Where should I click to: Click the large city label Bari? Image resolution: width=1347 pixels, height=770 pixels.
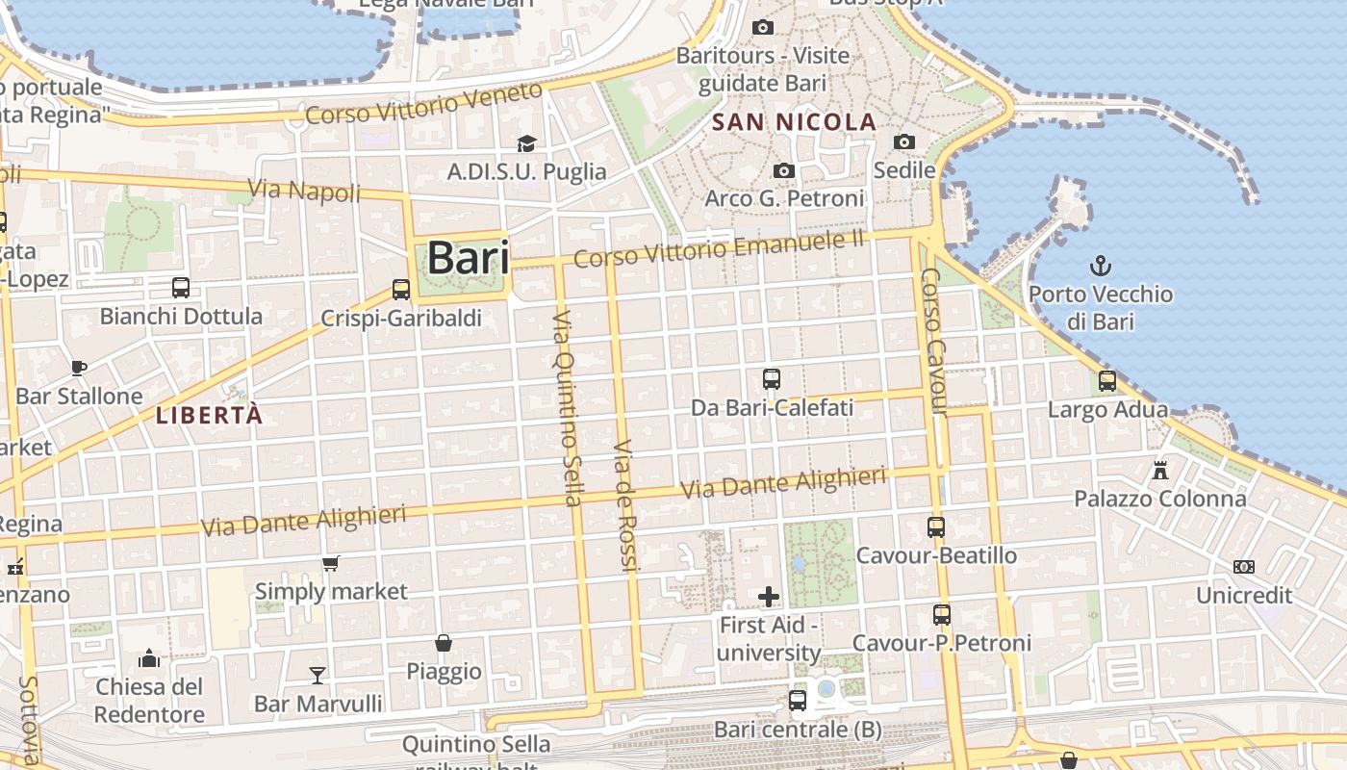click(x=468, y=258)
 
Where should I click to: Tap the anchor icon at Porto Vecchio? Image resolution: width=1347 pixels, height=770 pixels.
click(x=1100, y=265)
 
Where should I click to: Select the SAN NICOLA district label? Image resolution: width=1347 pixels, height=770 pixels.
click(x=795, y=122)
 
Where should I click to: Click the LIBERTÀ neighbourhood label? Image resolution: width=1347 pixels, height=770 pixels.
click(x=209, y=416)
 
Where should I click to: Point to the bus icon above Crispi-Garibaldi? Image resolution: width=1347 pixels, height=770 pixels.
click(x=401, y=289)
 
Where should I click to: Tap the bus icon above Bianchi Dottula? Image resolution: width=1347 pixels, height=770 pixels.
click(x=181, y=287)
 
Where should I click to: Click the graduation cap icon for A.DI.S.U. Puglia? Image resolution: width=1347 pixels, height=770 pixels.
click(x=526, y=143)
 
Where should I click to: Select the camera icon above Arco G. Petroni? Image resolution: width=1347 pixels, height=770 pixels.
click(x=784, y=170)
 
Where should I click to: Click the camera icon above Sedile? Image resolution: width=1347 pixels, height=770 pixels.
click(x=904, y=141)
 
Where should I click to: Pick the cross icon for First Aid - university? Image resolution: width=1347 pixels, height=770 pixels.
click(x=768, y=597)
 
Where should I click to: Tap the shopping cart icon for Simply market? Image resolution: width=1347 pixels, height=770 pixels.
click(x=331, y=563)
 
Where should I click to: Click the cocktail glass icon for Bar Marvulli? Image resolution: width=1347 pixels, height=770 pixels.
click(x=318, y=675)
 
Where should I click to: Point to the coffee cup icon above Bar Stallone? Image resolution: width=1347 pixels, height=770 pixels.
click(x=79, y=368)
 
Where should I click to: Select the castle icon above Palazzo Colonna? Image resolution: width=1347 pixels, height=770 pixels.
click(x=1160, y=471)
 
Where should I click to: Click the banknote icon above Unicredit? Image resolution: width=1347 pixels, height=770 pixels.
click(x=1244, y=567)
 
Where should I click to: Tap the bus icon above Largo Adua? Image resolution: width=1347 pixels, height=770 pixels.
click(x=1107, y=381)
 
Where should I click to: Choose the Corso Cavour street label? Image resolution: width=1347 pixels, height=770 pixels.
click(x=934, y=342)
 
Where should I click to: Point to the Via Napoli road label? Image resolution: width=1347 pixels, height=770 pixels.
click(x=305, y=190)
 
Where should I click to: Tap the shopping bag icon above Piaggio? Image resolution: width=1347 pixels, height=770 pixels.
click(x=444, y=643)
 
